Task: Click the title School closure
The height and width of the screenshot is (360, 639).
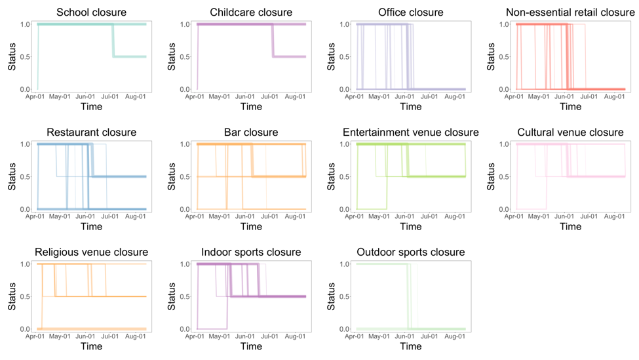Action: point(92,12)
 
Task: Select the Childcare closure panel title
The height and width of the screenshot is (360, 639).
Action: point(251,12)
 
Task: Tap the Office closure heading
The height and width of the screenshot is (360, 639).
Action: point(411,12)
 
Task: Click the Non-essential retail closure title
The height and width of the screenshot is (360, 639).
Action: point(570,12)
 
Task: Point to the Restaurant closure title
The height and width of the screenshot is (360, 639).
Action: point(92,132)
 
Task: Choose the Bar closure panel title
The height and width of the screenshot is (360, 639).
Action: point(251,132)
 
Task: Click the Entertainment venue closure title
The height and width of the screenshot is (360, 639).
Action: point(411,132)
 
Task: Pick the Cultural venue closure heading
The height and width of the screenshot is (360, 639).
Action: point(570,132)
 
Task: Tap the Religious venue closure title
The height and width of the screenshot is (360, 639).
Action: point(92,252)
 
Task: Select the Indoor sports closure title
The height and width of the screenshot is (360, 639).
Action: point(251,252)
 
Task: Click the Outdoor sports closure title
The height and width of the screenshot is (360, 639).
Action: point(411,252)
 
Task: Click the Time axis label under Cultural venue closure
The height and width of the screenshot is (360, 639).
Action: point(570,227)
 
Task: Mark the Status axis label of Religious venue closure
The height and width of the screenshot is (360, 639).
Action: point(12,296)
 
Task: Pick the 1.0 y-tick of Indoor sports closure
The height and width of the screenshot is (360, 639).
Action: point(184,264)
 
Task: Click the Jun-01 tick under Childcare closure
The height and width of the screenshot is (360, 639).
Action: point(246,96)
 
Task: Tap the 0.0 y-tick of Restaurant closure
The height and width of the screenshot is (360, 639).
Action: point(24,209)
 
